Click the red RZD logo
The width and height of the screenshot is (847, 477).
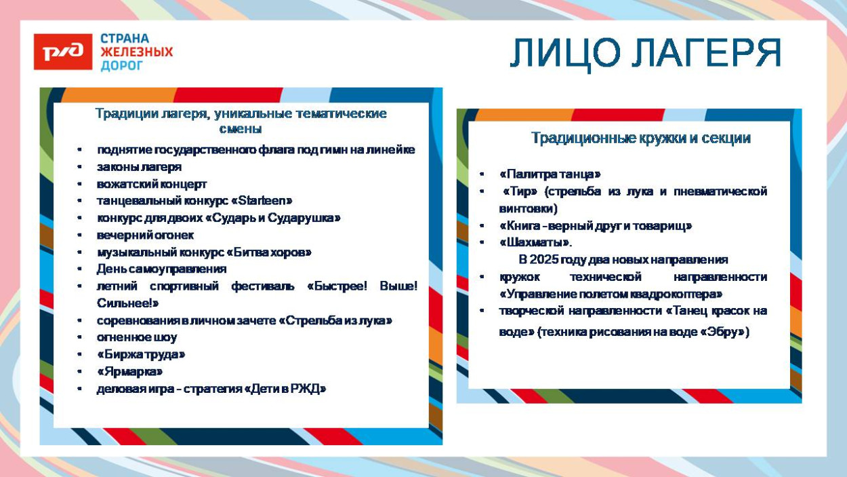pyautogui.click(x=63, y=52)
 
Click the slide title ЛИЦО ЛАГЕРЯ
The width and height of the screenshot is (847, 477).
pyautogui.click(x=645, y=53)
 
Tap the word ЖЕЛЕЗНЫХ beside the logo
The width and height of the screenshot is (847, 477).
pyautogui.click(x=137, y=52)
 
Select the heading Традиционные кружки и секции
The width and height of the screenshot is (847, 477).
pyautogui.click(x=640, y=138)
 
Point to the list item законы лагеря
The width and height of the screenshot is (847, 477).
pyautogui.click(x=139, y=167)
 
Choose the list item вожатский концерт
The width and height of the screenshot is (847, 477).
pyautogui.click(x=152, y=184)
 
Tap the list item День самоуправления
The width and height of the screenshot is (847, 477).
pyautogui.click(x=161, y=269)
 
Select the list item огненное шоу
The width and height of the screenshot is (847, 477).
pyautogui.click(x=137, y=337)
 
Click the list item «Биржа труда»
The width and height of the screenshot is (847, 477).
pyautogui.click(x=141, y=354)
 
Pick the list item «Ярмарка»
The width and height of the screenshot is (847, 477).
pyautogui.click(x=129, y=372)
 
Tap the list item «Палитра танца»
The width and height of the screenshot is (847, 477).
pyautogui.click(x=550, y=174)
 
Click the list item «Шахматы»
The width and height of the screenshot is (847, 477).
pyautogui.click(x=535, y=242)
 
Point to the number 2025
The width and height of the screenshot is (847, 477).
pyautogui.click(x=543, y=260)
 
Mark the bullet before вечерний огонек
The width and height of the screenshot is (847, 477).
pyautogui.click(x=80, y=235)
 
